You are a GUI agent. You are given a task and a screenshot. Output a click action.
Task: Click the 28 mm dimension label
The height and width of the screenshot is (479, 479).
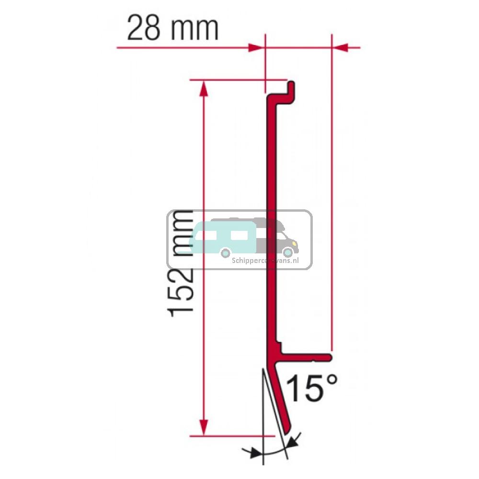[x=172, y=29]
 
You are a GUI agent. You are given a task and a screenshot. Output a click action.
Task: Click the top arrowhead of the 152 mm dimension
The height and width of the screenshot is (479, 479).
[x=204, y=88]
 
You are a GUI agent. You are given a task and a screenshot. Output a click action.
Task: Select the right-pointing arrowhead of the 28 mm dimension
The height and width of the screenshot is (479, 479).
[x=256, y=47]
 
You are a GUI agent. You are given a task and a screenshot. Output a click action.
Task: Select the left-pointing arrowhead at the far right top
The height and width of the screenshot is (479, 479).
[x=340, y=47]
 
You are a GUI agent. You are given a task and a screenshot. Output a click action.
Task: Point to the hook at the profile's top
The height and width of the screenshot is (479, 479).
[x=290, y=91]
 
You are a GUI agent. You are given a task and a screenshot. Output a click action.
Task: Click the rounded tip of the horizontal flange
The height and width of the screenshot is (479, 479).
[x=329, y=357]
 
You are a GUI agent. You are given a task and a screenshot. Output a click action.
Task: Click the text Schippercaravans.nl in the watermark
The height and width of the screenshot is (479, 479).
[x=265, y=261]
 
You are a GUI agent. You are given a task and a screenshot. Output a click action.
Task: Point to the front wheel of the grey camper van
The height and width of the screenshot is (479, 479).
[x=288, y=252]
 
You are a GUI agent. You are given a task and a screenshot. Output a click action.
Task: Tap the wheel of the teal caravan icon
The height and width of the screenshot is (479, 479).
[x=225, y=252]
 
